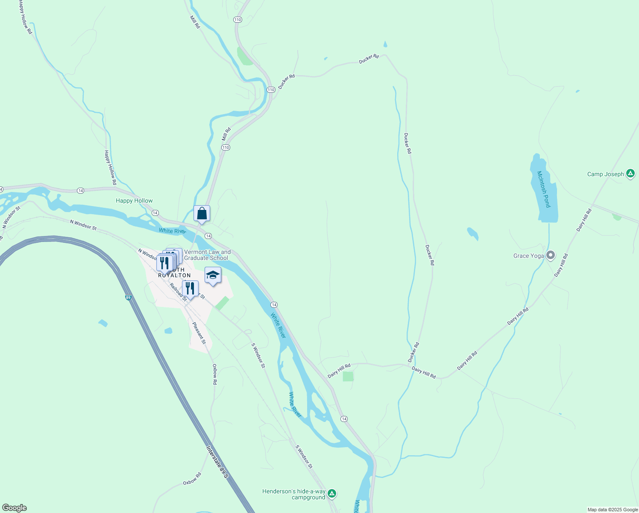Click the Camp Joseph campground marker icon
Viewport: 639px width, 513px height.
tap(630, 174)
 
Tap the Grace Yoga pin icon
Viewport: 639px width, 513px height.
tap(551, 256)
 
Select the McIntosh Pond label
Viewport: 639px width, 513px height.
tap(544, 189)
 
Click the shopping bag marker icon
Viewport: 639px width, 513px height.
tap(202, 213)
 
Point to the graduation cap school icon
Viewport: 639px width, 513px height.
tap(212, 275)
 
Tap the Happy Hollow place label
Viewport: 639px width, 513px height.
tap(134, 200)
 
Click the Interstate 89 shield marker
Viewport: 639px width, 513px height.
tap(128, 297)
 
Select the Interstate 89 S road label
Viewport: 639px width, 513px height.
tap(217, 462)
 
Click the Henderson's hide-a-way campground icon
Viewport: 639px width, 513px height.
tap(332, 494)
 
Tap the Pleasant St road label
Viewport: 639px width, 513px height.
tap(199, 333)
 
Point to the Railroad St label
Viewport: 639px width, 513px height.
tap(178, 292)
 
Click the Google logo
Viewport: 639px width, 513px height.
tap(14, 508)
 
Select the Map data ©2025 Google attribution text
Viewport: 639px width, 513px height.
tap(613, 510)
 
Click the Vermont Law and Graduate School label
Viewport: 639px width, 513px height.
tap(207, 255)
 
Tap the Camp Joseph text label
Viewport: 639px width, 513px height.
tap(605, 174)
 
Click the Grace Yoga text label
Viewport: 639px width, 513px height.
tap(528, 256)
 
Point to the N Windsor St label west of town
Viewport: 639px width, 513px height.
tap(83, 225)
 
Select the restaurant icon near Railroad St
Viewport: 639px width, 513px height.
tap(190, 289)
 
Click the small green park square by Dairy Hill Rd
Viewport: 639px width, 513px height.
tap(348, 376)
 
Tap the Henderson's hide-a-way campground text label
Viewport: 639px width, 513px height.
tap(294, 494)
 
